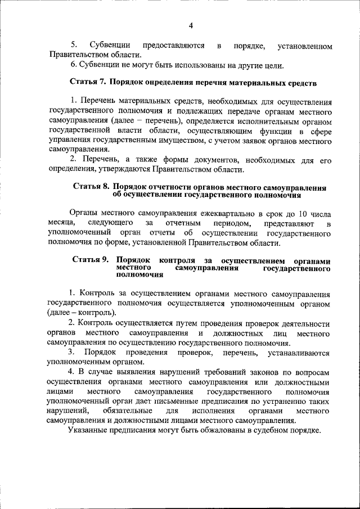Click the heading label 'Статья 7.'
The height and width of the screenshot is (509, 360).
[88, 82]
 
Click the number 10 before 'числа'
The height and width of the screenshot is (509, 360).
[303, 214]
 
